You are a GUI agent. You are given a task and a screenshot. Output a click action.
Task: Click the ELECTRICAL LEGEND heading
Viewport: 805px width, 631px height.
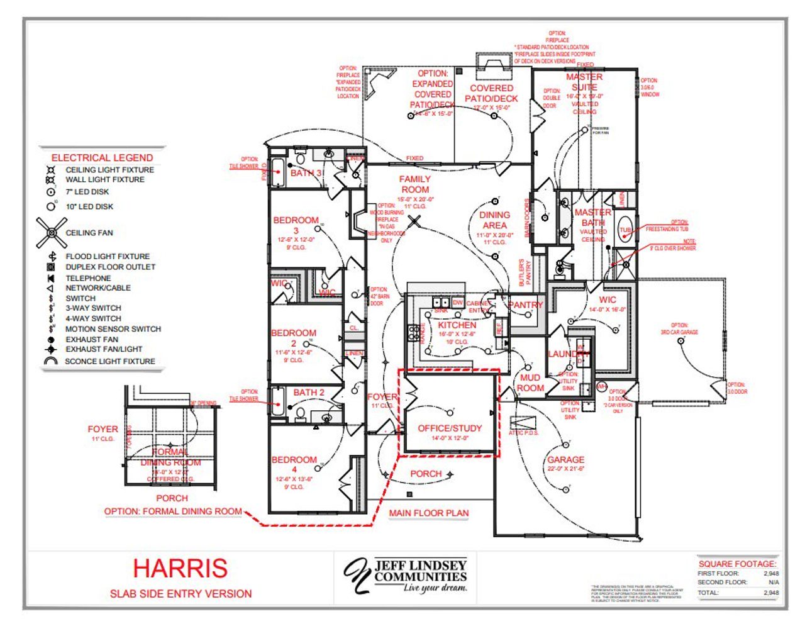102,158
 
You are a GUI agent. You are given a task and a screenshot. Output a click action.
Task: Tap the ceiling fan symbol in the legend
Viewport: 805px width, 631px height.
52,233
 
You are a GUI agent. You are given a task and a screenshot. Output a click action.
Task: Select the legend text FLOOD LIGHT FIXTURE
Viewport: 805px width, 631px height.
108,256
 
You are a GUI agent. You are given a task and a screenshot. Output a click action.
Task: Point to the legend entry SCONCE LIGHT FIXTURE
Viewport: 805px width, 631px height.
110,361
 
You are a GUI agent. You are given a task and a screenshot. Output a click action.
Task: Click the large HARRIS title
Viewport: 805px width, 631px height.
180,568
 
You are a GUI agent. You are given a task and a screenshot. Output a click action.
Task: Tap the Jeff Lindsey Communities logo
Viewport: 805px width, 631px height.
406,574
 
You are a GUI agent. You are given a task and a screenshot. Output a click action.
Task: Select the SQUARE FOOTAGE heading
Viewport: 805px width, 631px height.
737,564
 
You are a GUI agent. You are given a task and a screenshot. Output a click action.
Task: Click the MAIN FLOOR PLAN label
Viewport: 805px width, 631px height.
429,513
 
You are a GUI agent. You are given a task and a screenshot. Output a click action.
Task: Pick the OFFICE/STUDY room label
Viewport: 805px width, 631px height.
450,428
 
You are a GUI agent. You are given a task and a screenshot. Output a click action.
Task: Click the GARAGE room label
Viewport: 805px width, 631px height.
565,460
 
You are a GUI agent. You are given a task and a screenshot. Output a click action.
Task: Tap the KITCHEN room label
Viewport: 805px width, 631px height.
457,325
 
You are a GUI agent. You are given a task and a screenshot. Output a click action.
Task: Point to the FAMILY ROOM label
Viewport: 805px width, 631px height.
415,184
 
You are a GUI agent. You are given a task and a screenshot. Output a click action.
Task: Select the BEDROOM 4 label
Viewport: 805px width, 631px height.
294,464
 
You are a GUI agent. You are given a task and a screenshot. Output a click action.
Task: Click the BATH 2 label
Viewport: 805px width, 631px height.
309,393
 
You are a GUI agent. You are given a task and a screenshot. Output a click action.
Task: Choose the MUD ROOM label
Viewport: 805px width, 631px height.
530,383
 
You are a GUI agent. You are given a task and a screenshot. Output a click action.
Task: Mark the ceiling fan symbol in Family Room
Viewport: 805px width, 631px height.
414,221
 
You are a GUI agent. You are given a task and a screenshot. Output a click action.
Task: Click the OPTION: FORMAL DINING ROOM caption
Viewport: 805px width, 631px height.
173,511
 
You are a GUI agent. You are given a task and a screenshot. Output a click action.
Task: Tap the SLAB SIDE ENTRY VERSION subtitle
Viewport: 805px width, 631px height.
180,593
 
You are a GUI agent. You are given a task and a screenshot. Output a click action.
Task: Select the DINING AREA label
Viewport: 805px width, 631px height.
494,220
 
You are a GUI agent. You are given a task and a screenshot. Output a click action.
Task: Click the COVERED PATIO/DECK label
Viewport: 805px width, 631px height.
491,93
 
